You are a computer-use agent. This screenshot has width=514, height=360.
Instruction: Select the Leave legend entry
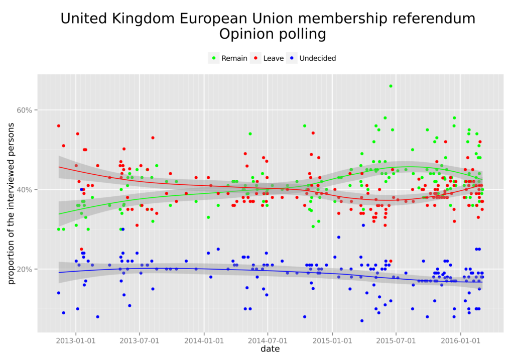click(x=273, y=58)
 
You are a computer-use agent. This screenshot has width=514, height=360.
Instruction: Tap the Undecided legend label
click(x=317, y=58)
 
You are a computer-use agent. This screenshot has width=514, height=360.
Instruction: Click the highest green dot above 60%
click(x=391, y=86)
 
